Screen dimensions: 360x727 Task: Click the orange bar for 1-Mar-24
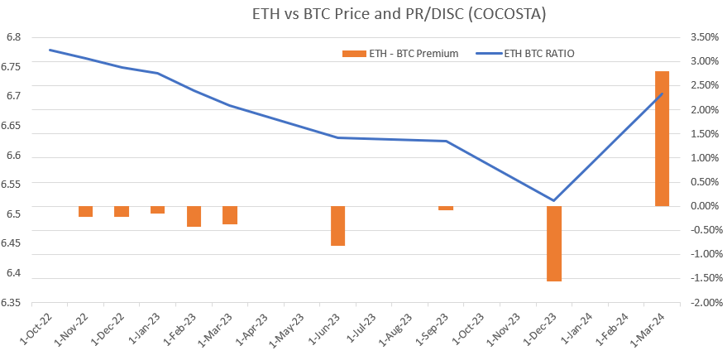pyautogui.click(x=662, y=138)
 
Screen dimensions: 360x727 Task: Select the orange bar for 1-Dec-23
pyautogui.click(x=553, y=243)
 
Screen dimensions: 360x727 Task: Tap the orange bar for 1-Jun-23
pyautogui.click(x=337, y=226)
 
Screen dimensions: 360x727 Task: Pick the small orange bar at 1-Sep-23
pyautogui.click(x=446, y=208)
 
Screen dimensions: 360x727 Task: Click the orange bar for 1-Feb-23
pyautogui.click(x=194, y=216)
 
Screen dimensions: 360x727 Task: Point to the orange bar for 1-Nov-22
pyautogui.click(x=85, y=211)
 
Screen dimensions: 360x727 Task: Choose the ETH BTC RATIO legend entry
pyautogui.click(x=525, y=54)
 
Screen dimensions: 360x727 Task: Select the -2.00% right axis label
pyautogui.click(x=699, y=303)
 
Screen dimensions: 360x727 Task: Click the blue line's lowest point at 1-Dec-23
pyautogui.click(x=553, y=200)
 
